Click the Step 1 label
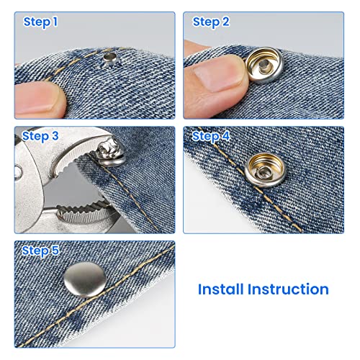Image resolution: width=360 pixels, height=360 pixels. tap(41, 22)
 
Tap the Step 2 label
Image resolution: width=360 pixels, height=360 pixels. tap(211, 22)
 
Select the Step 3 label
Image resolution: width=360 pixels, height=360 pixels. tap(41, 136)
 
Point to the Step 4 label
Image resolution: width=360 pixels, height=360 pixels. tap(211, 136)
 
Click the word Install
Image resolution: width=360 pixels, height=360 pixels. tap(228, 289)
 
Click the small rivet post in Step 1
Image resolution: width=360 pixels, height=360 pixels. tap(109, 54)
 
